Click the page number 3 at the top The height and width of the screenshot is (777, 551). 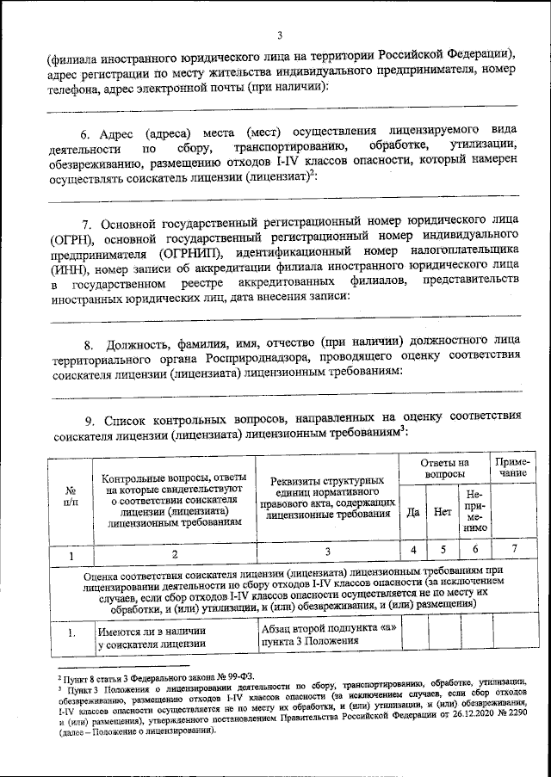[x=280, y=34]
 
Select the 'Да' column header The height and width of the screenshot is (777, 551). [x=413, y=511]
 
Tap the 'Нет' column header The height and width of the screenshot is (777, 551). [x=443, y=511]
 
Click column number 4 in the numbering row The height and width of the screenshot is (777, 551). [x=413, y=549]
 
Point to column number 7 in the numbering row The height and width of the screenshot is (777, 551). [x=514, y=549]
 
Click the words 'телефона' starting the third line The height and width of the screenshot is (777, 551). [x=76, y=87]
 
